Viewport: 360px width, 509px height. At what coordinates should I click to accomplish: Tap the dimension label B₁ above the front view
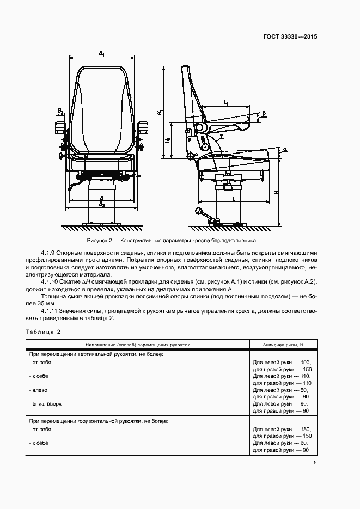(x=102, y=53)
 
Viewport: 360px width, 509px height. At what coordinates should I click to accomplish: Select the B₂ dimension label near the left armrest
(x=60, y=112)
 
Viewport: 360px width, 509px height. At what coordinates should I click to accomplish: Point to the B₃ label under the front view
(x=102, y=204)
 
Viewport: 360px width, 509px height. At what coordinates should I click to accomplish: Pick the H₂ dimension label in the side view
(x=168, y=140)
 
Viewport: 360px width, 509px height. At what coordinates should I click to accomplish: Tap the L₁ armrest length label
(x=225, y=102)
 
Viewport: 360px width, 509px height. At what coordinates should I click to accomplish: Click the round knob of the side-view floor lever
(x=199, y=210)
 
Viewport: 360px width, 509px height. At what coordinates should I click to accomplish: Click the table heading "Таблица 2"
(x=42, y=332)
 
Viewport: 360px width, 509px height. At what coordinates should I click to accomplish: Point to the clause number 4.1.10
(x=51, y=281)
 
